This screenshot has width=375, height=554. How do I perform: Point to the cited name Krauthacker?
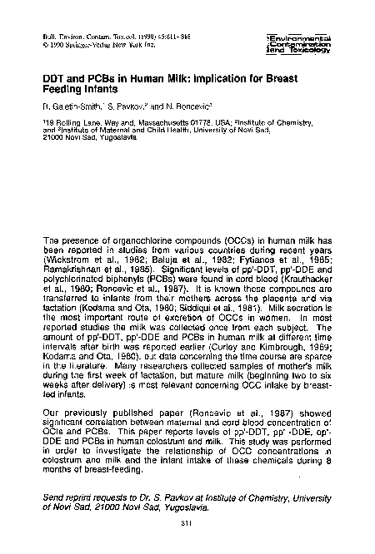coord(307,280)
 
